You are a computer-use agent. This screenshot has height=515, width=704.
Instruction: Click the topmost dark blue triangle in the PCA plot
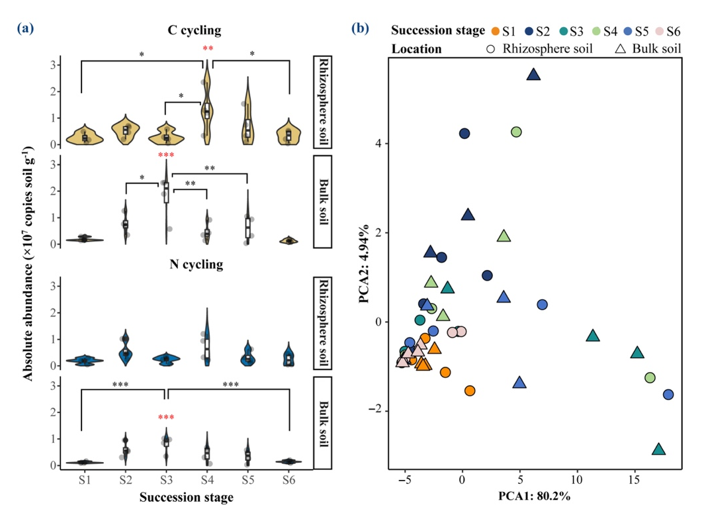click(x=534, y=75)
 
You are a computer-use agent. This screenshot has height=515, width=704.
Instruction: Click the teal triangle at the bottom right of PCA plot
click(x=658, y=449)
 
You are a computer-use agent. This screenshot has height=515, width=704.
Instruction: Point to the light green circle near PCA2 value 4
click(x=516, y=132)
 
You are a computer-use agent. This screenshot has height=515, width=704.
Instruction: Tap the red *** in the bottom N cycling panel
click(x=165, y=418)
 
